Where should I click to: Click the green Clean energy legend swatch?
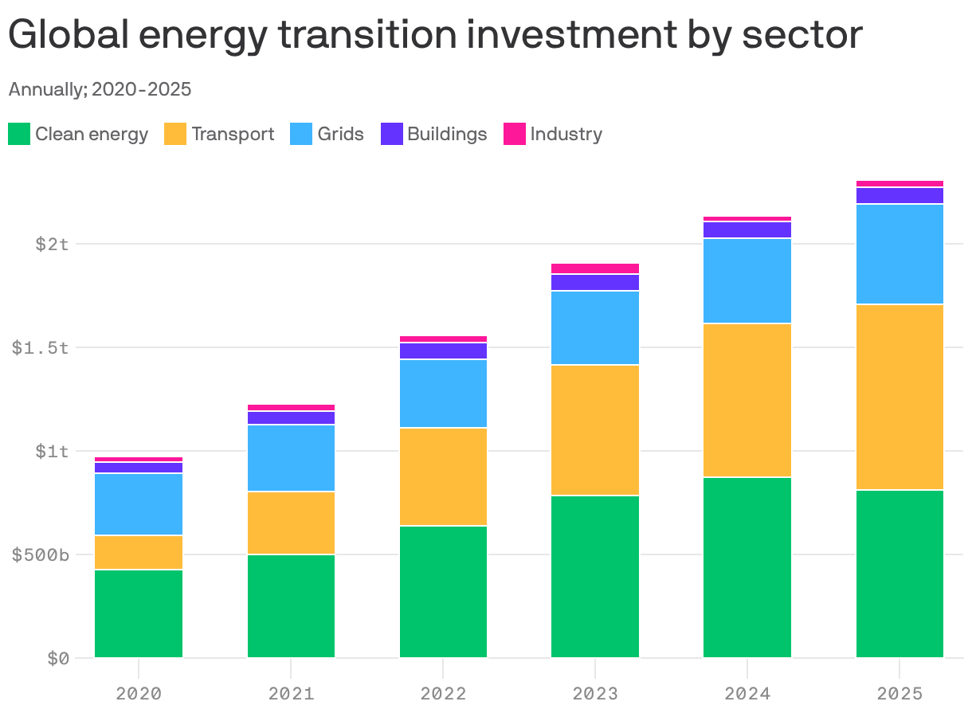click(19, 134)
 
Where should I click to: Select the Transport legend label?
click(233, 134)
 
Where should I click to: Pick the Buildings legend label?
click(447, 134)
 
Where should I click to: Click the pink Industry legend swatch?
click(515, 134)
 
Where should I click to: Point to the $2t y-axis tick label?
click(52, 244)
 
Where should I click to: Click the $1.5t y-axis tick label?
click(41, 348)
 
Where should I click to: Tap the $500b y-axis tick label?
click(41, 554)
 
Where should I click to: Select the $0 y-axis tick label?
click(58, 659)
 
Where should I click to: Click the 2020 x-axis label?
click(139, 693)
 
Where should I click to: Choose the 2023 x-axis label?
click(595, 693)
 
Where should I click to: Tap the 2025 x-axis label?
click(899, 693)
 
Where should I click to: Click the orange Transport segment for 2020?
click(139, 552)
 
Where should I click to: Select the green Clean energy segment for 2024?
click(747, 567)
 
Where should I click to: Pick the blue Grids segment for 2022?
click(443, 394)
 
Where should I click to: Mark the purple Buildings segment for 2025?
click(899, 196)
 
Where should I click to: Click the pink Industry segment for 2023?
click(595, 268)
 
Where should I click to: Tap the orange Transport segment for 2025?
click(899, 397)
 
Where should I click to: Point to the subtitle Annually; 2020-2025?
click(100, 89)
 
